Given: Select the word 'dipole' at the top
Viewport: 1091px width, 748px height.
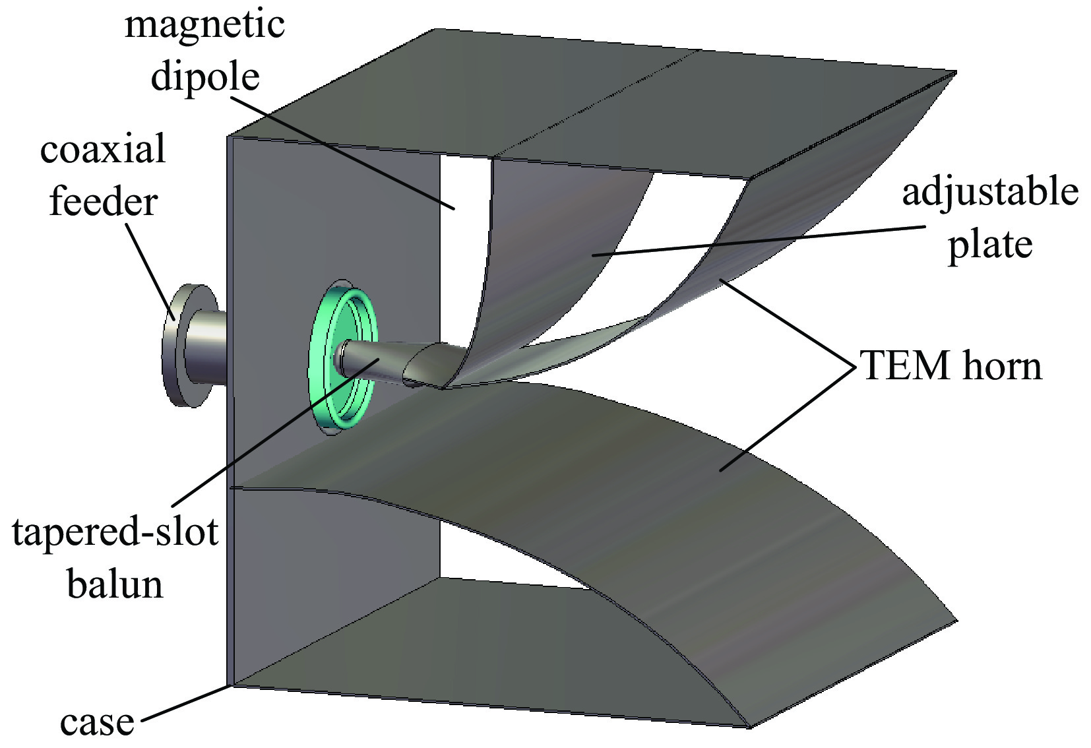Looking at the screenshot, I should coord(205,77).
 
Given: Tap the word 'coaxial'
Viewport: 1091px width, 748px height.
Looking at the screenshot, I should coord(102,150).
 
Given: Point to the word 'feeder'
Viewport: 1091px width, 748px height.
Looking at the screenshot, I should coord(104,201).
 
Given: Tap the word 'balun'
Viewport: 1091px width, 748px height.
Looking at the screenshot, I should coord(115,584).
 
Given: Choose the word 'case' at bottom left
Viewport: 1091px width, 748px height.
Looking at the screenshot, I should coord(96,722).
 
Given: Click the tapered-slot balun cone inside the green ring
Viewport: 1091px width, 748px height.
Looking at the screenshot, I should coord(376,363).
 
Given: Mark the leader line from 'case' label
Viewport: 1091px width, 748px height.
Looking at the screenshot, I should coord(185,703).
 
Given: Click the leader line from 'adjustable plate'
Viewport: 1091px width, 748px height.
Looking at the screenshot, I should coord(759,240).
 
